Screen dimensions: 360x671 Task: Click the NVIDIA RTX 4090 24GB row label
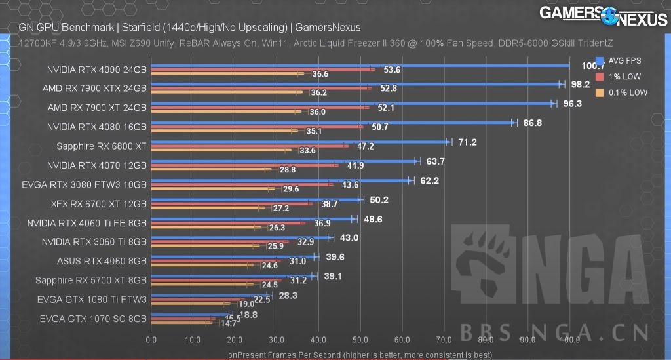96,69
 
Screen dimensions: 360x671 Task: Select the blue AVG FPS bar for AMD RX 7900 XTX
354,83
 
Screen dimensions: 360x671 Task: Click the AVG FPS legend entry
624,60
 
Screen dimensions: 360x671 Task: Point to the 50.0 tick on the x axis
360,340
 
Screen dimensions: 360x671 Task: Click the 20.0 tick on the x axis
234,340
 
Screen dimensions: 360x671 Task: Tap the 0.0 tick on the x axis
151,340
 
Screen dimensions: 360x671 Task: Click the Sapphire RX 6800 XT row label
102,146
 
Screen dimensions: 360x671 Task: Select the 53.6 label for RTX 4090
392,70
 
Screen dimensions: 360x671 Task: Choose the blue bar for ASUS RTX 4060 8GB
233,256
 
